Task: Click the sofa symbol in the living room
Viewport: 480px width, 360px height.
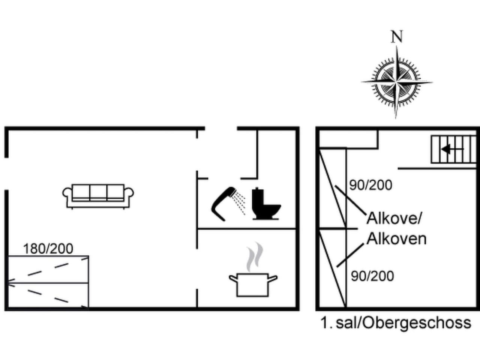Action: pos(98,196)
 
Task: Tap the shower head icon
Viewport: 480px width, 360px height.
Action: pos(228,204)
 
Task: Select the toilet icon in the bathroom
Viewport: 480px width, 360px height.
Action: pos(266,204)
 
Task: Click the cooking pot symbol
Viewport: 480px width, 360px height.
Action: pos(253,285)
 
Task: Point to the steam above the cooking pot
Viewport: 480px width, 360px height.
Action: pos(255,256)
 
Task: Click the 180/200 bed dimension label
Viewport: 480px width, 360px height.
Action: pos(48,249)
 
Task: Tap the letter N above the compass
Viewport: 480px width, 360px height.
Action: pos(397,37)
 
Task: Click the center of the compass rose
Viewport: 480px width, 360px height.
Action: pos(396,82)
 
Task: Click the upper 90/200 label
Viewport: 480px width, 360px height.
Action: pos(370,185)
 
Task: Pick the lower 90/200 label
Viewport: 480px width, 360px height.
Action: pos(372,276)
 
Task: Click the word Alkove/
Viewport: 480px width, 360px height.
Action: pos(394,218)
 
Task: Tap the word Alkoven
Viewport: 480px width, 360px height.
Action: pos(397,239)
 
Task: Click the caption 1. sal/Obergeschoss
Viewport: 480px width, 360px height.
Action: pos(396,322)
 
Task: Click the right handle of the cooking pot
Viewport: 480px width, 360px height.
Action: pos(273,279)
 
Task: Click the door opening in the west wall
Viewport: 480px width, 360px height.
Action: pos(6,174)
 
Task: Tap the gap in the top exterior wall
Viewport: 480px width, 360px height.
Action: pos(221,128)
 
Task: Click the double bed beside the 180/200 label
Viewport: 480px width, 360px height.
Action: pos(48,282)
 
